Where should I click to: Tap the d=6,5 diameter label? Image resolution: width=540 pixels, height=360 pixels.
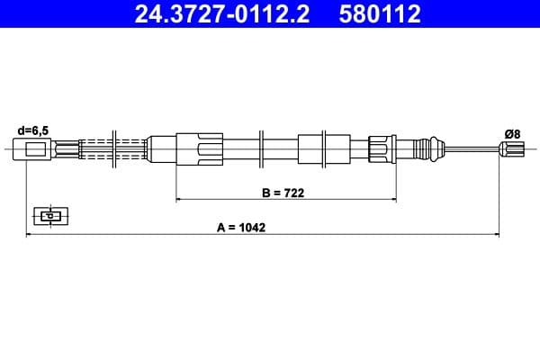pyautogui.click(x=33, y=129)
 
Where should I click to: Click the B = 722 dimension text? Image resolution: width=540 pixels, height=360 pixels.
pyautogui.click(x=284, y=192)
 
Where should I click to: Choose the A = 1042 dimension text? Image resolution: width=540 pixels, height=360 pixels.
pyautogui.click(x=241, y=227)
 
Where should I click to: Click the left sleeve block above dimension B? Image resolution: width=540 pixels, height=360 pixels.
pyautogui.click(x=199, y=148)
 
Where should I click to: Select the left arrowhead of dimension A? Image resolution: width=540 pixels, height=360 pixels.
pyautogui.click(x=29, y=234)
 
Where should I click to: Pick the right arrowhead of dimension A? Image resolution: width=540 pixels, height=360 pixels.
pyautogui.click(x=497, y=234)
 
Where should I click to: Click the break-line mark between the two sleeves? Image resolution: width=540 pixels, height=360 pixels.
pyautogui.click(x=260, y=148)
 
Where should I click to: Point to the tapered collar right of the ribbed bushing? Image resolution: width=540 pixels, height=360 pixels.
pyautogui.click(x=423, y=148)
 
